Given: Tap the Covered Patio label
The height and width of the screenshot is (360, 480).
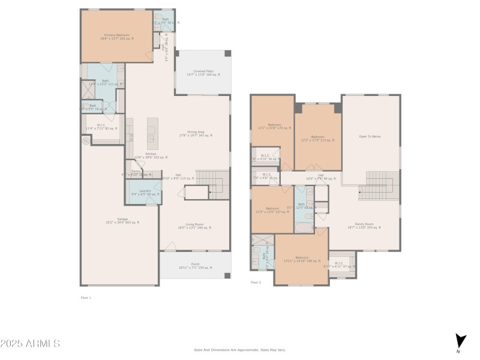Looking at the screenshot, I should pos(203,73).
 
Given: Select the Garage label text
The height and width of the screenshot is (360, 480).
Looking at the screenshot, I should pos(123,221).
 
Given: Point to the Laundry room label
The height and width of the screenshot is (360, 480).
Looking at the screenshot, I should pos(145,192).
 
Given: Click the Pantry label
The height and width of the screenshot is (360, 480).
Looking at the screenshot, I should pos(136,172).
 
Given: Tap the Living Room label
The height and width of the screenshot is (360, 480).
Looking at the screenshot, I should pos(194,226).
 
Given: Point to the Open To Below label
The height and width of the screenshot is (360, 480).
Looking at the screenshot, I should pos(370,137).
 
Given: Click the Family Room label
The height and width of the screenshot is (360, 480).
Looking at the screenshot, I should pos(364,226).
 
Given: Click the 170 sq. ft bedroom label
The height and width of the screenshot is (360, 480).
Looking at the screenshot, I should pos(274,126).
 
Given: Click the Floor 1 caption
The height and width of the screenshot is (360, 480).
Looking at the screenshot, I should pos(86,298).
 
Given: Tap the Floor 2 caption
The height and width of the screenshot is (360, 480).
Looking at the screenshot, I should pos(256,282).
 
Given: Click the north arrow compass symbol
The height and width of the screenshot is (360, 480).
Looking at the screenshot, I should pos(459,340).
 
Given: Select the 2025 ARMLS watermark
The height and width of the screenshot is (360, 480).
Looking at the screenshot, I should pos(30,344).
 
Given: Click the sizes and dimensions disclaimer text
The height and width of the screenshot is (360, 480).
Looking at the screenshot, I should pos(239,350).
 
